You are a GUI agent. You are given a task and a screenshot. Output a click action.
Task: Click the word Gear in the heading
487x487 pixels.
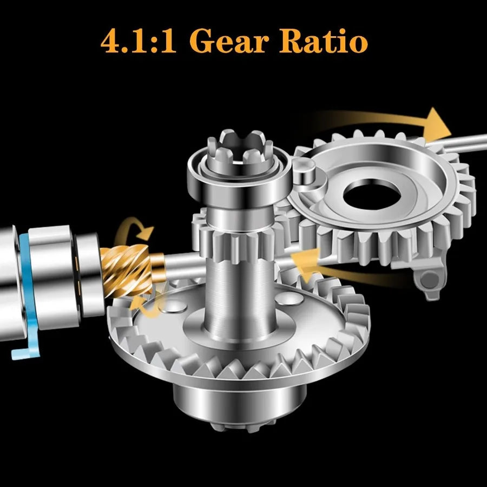coord(229,41)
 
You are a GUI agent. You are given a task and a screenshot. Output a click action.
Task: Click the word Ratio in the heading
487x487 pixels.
coord(324,41)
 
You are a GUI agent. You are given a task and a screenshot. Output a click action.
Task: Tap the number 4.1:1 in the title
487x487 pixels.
coord(139,41)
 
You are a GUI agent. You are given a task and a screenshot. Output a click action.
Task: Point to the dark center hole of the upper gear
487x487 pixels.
coord(371,194)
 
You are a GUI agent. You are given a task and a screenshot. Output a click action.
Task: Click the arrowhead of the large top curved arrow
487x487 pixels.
coord(437,125)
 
